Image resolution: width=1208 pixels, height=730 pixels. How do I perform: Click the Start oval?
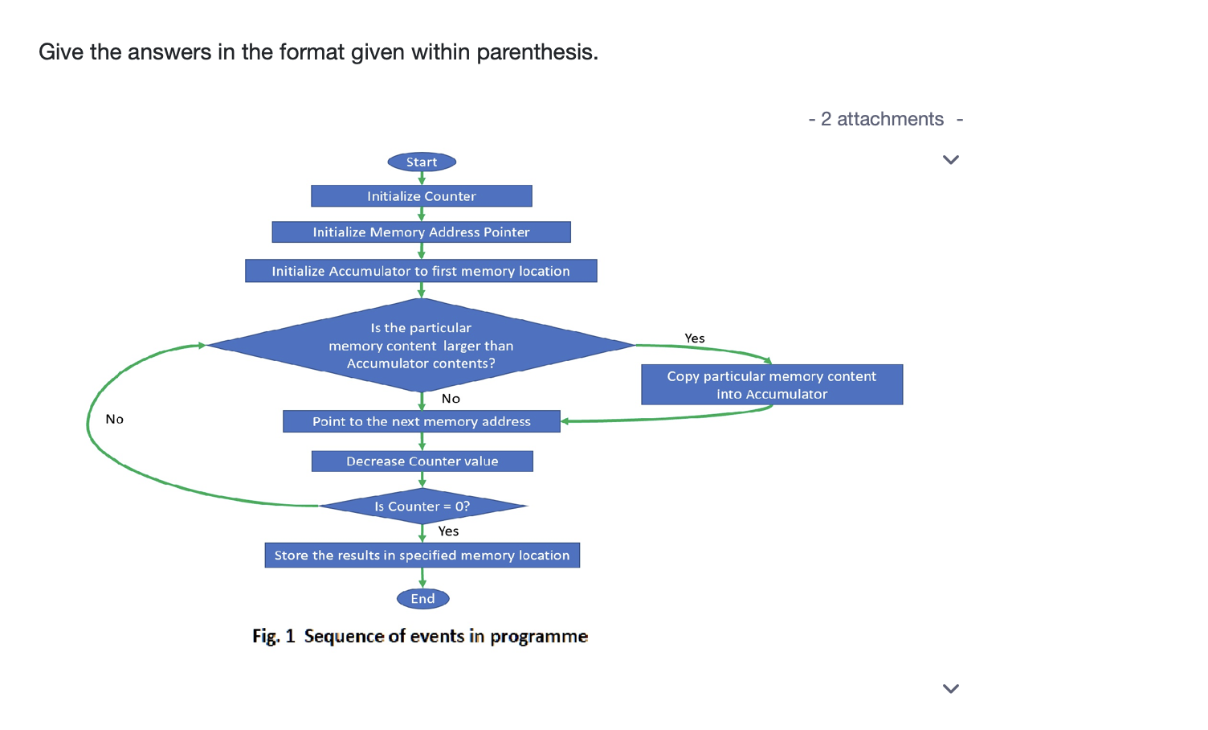tap(422, 162)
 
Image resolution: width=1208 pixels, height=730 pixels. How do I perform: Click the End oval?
tap(422, 598)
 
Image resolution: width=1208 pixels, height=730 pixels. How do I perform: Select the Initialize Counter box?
tap(421, 196)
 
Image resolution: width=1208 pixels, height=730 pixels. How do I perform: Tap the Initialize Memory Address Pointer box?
tap(421, 232)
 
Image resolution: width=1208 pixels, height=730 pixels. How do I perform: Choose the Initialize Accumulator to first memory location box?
tap(421, 270)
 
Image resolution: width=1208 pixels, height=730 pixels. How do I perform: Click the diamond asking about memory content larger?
tap(421, 345)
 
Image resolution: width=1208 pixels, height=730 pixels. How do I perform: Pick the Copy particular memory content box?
tap(772, 384)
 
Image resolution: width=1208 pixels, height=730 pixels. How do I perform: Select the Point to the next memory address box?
tap(422, 421)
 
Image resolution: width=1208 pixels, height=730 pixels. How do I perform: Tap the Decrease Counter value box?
tap(422, 461)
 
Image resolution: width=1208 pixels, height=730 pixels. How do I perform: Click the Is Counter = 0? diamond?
tap(422, 506)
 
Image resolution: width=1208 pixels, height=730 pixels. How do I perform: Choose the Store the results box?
tap(422, 555)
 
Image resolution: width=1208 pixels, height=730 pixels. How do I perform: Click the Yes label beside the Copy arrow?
tap(695, 338)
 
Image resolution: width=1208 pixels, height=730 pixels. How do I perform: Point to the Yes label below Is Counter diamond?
tap(448, 531)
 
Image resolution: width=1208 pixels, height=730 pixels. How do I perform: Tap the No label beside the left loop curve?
tap(114, 419)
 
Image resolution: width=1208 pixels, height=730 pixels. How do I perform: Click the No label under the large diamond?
tap(451, 399)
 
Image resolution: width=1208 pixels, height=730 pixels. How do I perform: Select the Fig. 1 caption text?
tap(420, 636)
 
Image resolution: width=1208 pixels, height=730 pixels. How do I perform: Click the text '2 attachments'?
tap(882, 119)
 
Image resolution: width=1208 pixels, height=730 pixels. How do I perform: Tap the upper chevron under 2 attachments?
tap(951, 160)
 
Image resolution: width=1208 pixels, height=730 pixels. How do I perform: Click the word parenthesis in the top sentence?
tap(537, 52)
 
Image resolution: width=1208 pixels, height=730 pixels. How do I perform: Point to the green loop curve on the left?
tap(88, 424)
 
